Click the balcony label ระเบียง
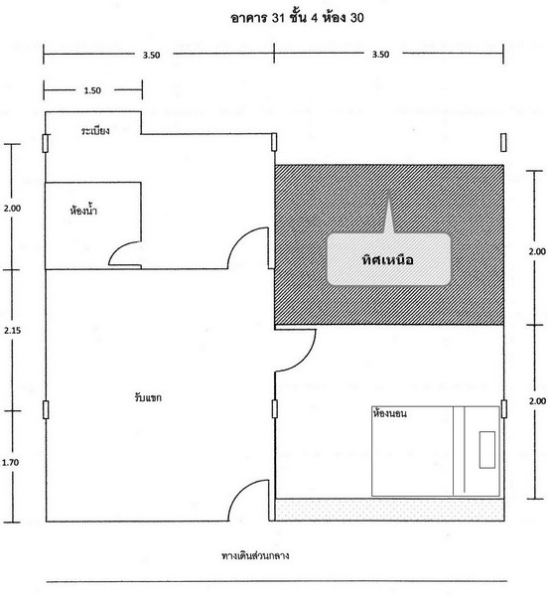tap(95, 131)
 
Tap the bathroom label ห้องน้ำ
tap(83, 210)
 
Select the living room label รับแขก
tap(148, 397)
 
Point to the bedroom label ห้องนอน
tap(390, 413)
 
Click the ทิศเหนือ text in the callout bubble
tap(388, 260)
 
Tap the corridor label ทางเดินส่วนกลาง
tap(255, 555)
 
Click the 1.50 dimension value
tap(92, 90)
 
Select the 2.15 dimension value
tap(13, 331)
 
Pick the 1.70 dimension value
tap(10, 462)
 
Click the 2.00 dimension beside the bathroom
tap(12, 208)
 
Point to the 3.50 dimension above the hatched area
tap(380, 54)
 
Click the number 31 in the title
tap(278, 18)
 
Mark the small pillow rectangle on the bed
tap(486, 450)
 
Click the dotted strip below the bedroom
tap(389, 510)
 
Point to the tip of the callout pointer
tap(388, 189)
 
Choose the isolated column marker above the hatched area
tap(503, 142)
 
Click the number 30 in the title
tap(356, 18)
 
